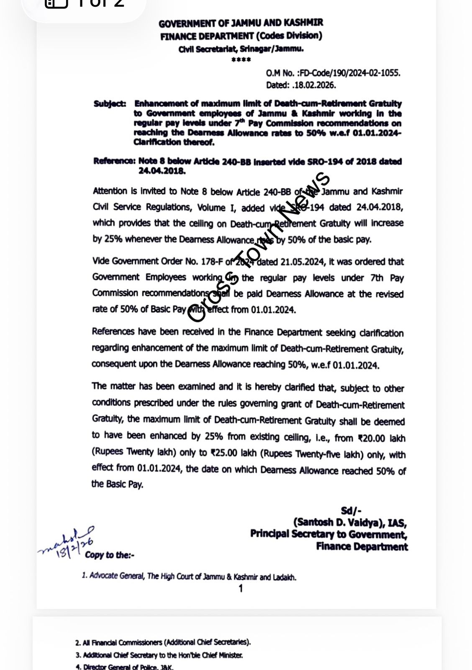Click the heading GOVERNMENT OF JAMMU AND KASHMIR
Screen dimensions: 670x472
[241, 23]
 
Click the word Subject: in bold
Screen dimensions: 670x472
[110, 104]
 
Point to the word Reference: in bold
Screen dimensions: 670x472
[114, 161]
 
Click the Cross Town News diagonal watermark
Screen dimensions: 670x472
[259, 247]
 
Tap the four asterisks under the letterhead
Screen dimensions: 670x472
[241, 60]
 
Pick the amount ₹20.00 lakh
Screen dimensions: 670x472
[381, 438]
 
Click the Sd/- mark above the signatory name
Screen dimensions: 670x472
[351, 510]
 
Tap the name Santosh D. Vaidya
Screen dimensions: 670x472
[339, 522]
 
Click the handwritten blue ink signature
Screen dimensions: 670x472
[67, 542]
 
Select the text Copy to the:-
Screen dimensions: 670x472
[109, 555]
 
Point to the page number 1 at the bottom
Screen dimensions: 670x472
[241, 589]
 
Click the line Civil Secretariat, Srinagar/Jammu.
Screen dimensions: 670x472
[241, 49]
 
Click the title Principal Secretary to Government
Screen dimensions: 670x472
[328, 534]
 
